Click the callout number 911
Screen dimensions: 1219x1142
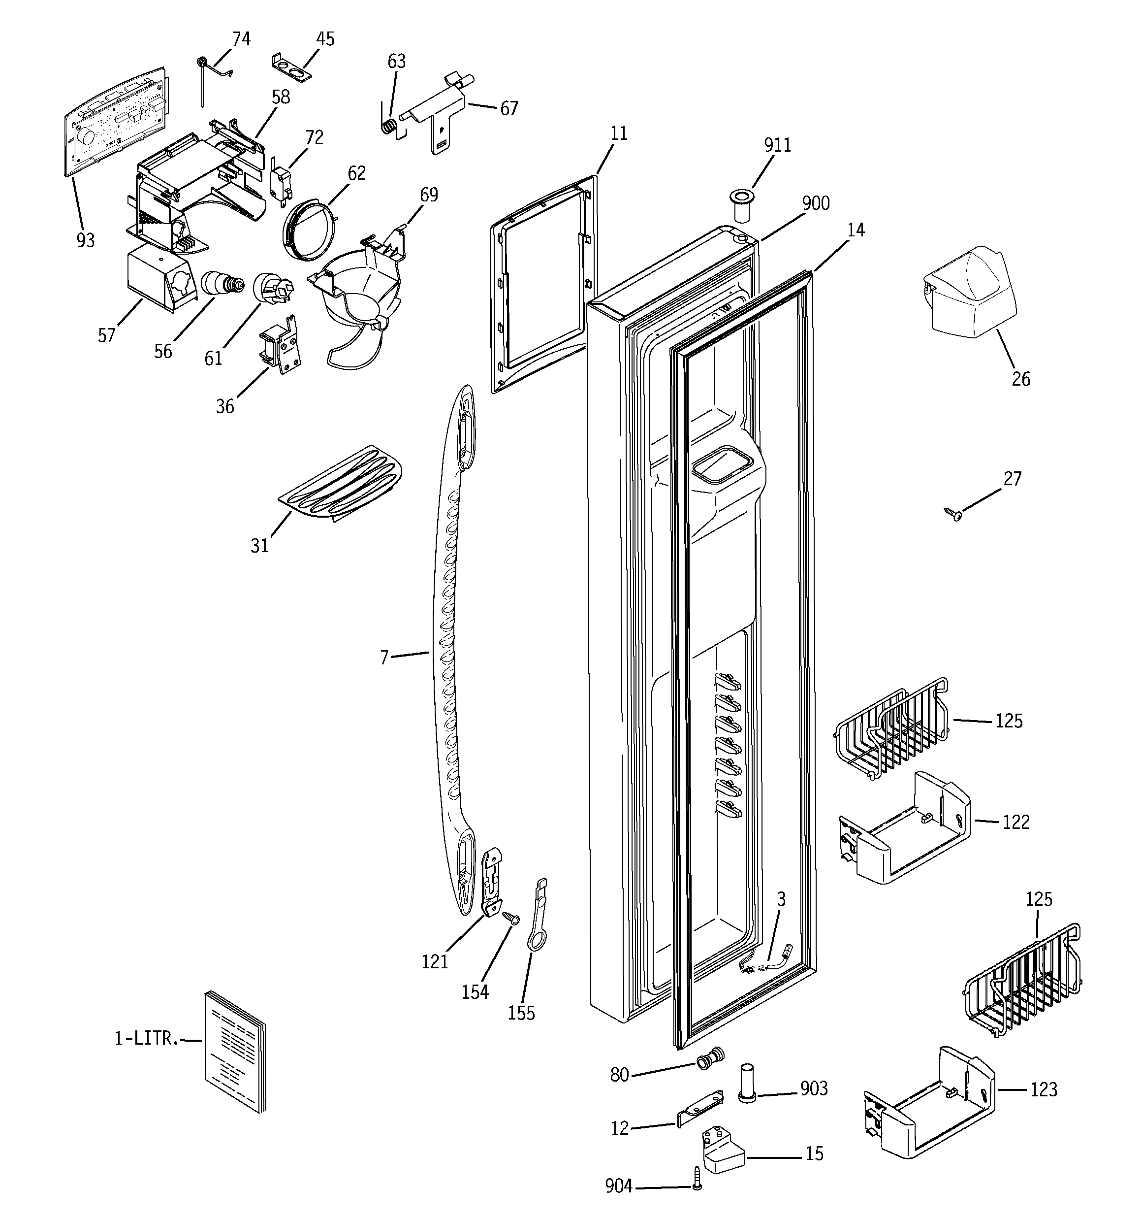pos(777,145)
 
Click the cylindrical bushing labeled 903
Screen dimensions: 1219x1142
pos(747,1084)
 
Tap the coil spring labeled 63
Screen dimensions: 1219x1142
pos(388,126)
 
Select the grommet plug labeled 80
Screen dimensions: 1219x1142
pos(710,1059)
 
